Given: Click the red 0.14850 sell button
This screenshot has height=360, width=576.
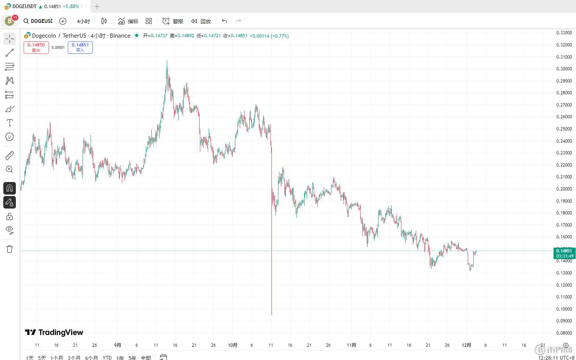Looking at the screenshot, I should (x=36, y=48).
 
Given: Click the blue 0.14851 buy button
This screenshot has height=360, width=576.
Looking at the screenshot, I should (x=80, y=48).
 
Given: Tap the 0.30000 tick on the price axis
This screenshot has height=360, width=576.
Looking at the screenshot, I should (x=564, y=69).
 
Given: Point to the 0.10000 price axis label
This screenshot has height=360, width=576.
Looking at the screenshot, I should (x=564, y=309).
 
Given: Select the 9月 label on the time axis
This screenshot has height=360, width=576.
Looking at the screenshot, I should (x=117, y=345).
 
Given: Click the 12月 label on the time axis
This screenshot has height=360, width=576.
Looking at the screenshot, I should (x=466, y=345).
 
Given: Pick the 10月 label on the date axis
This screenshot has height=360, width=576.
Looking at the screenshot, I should (x=232, y=345).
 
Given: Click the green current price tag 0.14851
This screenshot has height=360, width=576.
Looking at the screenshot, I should (x=564, y=251).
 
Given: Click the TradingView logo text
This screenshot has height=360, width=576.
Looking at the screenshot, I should (x=54, y=332).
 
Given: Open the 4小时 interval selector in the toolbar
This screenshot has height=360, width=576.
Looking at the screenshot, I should (x=83, y=21).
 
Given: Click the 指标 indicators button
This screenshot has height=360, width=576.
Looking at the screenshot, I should (x=128, y=21).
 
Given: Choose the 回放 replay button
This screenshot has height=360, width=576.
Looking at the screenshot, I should (x=201, y=21).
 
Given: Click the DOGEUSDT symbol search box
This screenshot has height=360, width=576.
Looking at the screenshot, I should (x=38, y=21).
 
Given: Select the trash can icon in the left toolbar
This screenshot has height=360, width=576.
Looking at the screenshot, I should (x=10, y=249).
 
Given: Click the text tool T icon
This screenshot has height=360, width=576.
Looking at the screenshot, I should (x=10, y=123).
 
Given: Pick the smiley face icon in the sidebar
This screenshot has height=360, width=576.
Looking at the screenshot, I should (x=10, y=137).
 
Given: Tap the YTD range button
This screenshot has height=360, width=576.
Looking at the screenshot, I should (x=107, y=357).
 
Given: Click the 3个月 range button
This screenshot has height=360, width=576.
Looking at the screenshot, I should (x=74, y=357).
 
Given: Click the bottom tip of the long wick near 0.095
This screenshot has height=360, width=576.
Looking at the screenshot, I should (x=271, y=315).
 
